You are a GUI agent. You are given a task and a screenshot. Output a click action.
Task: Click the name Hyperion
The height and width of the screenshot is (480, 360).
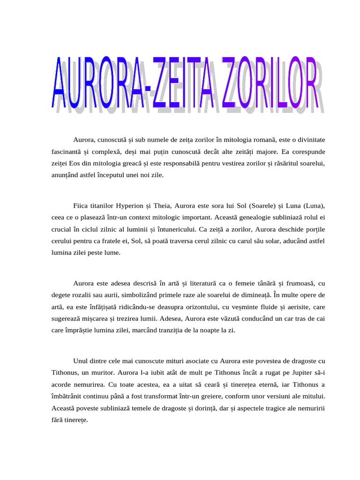[x=129, y=206]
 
